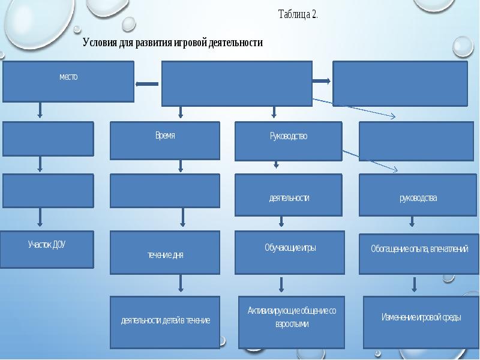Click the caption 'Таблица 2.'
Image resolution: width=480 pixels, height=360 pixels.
[x=298, y=14]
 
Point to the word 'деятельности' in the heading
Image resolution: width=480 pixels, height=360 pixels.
[x=236, y=43]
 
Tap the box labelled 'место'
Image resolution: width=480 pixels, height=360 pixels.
[x=68, y=82]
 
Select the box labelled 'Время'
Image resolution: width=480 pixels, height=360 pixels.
[x=165, y=140]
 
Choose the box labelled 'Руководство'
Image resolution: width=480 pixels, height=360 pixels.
[x=289, y=141]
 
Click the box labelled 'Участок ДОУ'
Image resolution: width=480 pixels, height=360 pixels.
[x=47, y=250]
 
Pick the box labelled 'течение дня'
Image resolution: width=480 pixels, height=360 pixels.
[x=165, y=253]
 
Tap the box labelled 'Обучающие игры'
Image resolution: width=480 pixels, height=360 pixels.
[x=290, y=253]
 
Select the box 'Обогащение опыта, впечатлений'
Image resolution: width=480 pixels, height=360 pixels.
[x=419, y=254]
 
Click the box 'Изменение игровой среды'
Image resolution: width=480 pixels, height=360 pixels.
[x=421, y=322]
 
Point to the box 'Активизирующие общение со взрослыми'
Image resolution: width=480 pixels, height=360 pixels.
[x=292, y=322]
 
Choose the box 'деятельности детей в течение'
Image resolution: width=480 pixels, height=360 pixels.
[x=165, y=322]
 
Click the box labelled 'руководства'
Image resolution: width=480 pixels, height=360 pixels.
[x=416, y=195]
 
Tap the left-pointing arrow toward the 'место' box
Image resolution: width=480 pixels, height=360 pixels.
[x=147, y=84]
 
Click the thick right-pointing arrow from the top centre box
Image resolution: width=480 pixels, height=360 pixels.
[x=322, y=81]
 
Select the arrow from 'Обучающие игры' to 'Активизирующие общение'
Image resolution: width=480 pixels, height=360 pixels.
[x=281, y=284]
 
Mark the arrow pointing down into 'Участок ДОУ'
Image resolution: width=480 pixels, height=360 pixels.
[x=40, y=217]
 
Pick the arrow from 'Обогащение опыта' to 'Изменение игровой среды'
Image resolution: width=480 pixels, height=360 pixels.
[x=414, y=284]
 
